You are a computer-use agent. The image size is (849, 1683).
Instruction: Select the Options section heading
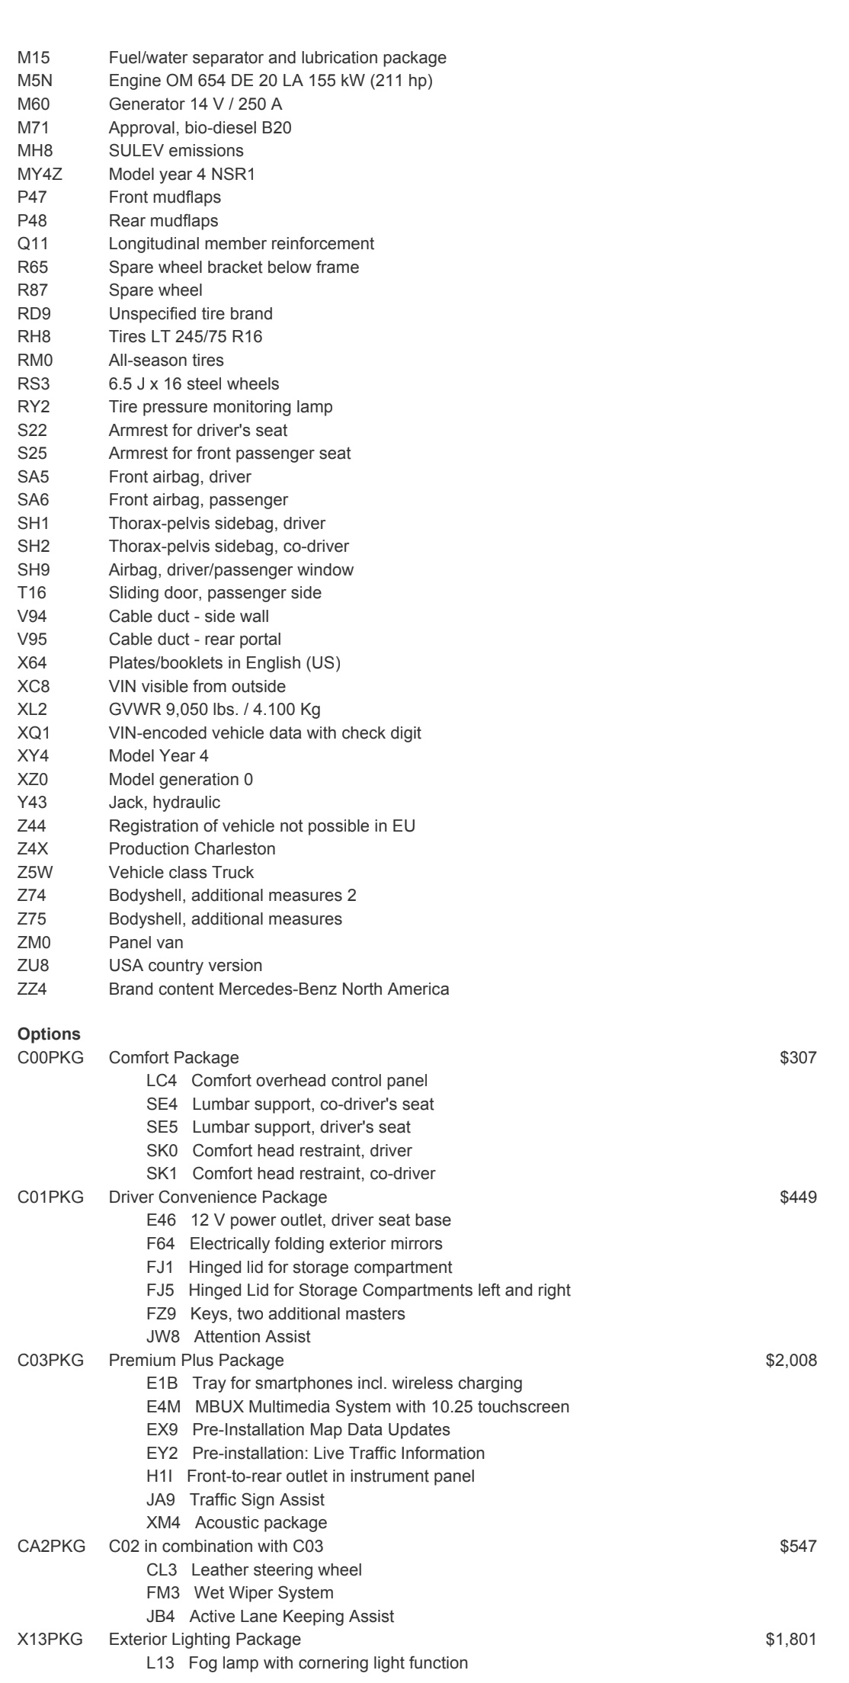pos(49,1034)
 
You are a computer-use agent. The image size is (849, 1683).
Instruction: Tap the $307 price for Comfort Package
pos(798,1058)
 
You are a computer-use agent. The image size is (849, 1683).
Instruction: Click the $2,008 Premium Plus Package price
pos(791,1361)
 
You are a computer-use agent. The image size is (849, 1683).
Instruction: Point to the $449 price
pos(798,1197)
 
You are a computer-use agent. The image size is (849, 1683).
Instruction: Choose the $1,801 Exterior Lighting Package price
pos(791,1640)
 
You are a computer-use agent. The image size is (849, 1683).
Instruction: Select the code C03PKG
pos(50,1361)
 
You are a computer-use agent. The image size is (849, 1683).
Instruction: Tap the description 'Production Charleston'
pos(192,848)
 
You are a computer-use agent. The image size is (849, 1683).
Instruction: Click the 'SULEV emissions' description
pos(176,150)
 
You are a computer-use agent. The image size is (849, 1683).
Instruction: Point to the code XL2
pos(32,709)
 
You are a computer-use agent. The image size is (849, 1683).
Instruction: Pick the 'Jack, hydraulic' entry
pos(165,802)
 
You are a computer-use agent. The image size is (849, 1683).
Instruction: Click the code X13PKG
pos(50,1640)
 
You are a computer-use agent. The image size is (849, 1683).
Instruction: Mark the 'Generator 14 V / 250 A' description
pos(195,104)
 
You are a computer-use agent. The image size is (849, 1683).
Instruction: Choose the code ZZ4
pos(32,989)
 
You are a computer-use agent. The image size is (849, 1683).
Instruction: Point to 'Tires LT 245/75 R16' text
pos(185,336)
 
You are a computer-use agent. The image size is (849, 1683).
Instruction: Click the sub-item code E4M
pos(163,1406)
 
